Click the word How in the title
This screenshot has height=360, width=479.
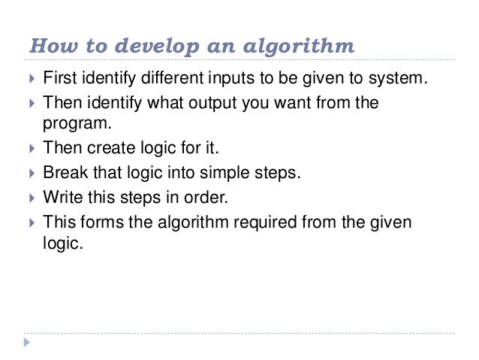tap(47, 47)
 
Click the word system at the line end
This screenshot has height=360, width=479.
tap(400, 77)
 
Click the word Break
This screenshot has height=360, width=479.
tap(65, 173)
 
